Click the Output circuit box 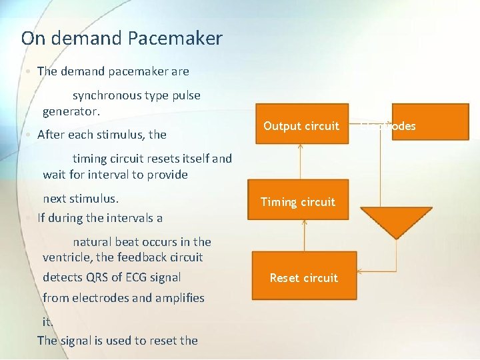301,125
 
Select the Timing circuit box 298,202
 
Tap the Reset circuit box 303,278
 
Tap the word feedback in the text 140,257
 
